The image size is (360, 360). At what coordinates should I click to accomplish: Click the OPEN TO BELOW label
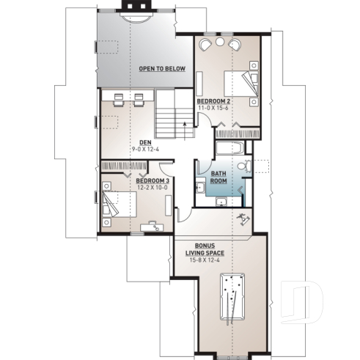[162, 69]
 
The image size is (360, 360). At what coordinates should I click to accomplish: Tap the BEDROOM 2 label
[214, 100]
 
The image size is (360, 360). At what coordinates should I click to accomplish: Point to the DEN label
[145, 143]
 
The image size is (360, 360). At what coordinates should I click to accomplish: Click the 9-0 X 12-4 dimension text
[145, 150]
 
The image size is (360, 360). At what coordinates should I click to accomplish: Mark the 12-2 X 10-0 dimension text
[152, 187]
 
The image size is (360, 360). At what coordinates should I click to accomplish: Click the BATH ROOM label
[219, 177]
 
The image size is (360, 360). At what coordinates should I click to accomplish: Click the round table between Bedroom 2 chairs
[220, 44]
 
